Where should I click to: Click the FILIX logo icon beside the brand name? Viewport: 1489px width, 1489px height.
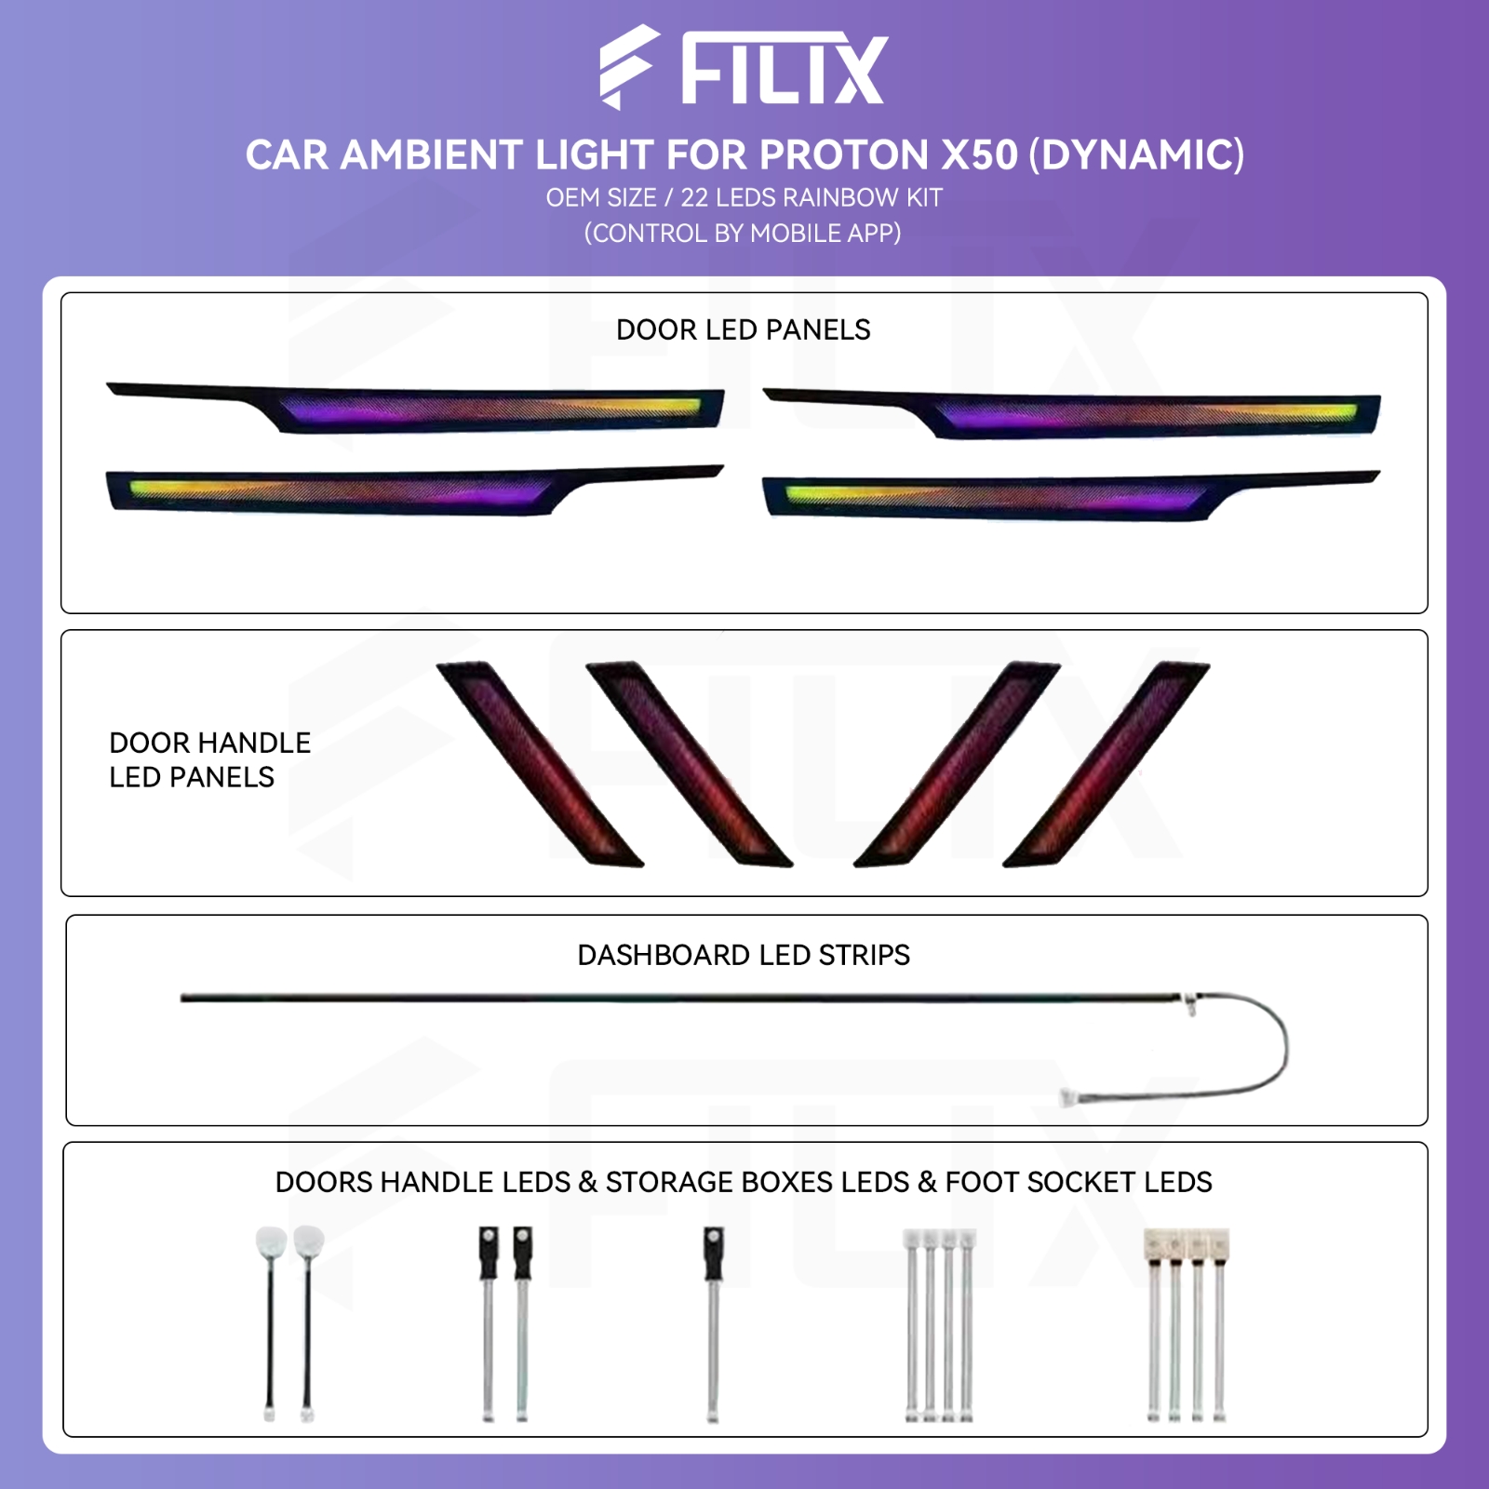coord(629,67)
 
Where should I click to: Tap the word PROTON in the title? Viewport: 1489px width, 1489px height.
coord(845,154)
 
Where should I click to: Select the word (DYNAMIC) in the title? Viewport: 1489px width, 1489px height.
coord(1136,154)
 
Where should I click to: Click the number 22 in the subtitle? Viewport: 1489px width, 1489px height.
coord(694,197)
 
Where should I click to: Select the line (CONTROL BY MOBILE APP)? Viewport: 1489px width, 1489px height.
coord(743,233)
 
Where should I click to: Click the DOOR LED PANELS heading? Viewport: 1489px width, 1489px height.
coord(744,329)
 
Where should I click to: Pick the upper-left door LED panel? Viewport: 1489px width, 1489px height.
coord(415,408)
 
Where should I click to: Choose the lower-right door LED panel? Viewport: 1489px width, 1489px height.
coord(1070,496)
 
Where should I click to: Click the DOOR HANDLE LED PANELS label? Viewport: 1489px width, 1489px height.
coord(209,759)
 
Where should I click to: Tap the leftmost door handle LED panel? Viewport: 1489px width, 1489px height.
coord(540,764)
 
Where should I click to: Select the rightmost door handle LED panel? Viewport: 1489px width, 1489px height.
coord(1107,764)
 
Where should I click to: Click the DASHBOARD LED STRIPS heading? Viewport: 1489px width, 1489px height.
coord(744,955)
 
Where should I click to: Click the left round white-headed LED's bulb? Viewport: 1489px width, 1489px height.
coord(271,1242)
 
